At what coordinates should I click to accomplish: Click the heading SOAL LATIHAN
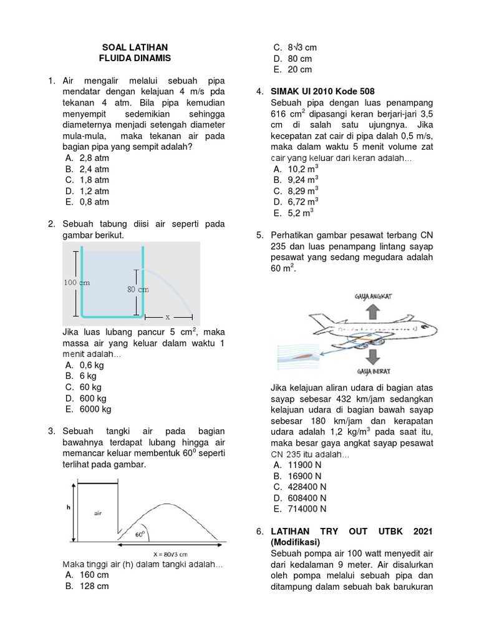pos(135,47)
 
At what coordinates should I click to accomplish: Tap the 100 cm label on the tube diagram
pos(77,282)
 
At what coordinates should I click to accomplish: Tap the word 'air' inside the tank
pos(97,514)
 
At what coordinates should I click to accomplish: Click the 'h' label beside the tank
pos(69,508)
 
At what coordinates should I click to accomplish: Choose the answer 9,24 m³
pos(294,179)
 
